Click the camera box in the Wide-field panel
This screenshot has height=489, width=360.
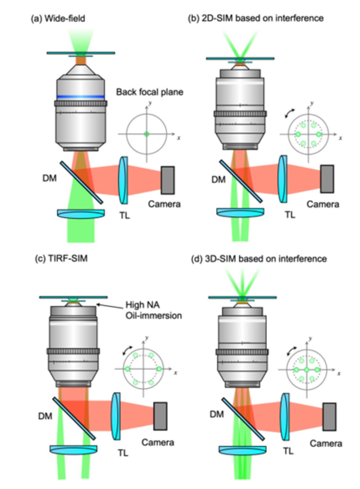tap(167, 180)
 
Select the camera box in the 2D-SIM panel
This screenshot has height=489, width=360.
tap(327, 179)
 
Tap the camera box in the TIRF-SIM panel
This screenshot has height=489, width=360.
tap(160, 416)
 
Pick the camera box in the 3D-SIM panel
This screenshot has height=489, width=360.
tap(329, 416)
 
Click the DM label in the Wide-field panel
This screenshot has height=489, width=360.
tap(50, 178)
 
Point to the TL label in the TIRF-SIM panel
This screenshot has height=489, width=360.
tap(123, 453)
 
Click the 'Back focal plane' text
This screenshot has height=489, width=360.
tap(149, 92)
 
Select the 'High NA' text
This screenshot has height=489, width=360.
tap(142, 305)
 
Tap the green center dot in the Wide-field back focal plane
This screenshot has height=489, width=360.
tap(147, 134)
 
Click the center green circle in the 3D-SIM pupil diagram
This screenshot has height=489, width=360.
tap(307, 370)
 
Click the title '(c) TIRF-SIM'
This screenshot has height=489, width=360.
tap(61, 258)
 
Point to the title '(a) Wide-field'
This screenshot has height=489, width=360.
tap(58, 19)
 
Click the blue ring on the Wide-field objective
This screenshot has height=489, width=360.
tap(80, 97)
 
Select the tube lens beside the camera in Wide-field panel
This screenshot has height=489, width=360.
tap(123, 180)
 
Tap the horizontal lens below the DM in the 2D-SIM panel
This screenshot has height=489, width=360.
tap(240, 213)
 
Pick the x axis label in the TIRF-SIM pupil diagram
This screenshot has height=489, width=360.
tap(175, 373)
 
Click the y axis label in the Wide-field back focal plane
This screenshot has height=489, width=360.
tap(150, 103)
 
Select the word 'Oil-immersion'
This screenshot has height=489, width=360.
tap(154, 316)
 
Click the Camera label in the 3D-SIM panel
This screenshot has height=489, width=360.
tap(326, 443)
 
